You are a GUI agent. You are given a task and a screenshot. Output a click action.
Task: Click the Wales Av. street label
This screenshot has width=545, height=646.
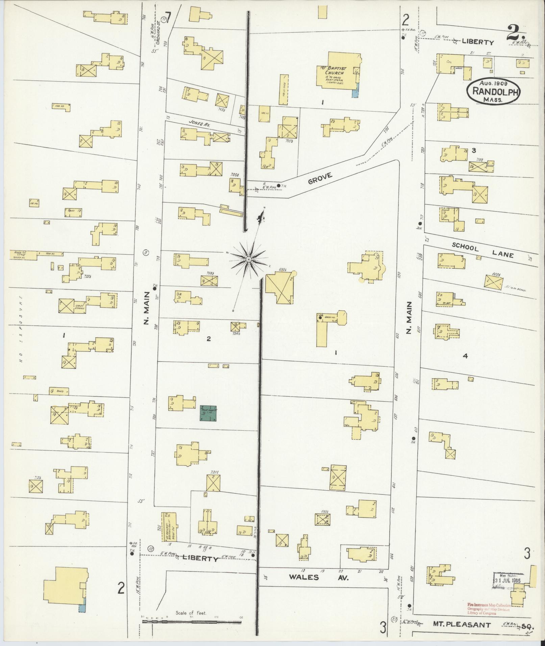[318, 577]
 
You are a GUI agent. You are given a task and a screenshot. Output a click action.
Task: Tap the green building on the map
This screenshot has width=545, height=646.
[208, 413]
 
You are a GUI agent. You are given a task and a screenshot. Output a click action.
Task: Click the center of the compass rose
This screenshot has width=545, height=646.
[249, 259]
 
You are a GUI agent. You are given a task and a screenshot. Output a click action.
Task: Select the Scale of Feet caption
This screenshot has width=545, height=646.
[191, 613]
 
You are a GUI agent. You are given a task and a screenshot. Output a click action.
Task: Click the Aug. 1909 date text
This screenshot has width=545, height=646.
[493, 83]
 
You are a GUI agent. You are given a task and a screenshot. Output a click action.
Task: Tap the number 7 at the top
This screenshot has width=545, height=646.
[168, 16]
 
